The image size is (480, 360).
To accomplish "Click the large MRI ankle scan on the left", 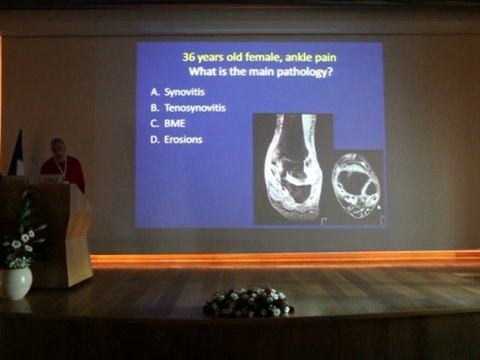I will [292, 168].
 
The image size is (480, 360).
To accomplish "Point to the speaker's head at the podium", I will [58, 147].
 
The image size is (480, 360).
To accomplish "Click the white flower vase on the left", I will [15, 282].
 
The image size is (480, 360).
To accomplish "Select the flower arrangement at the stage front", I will [248, 302].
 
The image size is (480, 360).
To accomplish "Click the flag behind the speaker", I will [17, 155].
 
